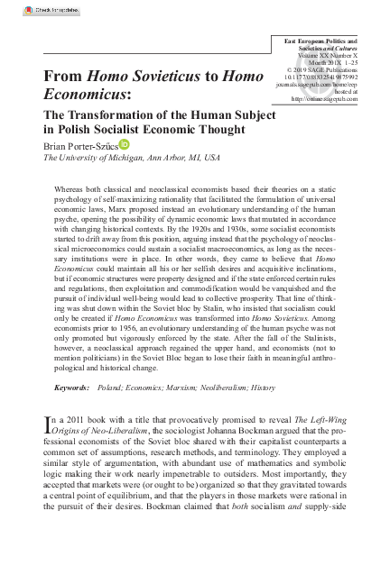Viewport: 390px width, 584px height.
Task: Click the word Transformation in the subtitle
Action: click(x=112, y=114)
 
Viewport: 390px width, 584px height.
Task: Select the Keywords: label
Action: click(x=72, y=387)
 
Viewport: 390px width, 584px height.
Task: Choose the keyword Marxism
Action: click(x=171, y=387)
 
